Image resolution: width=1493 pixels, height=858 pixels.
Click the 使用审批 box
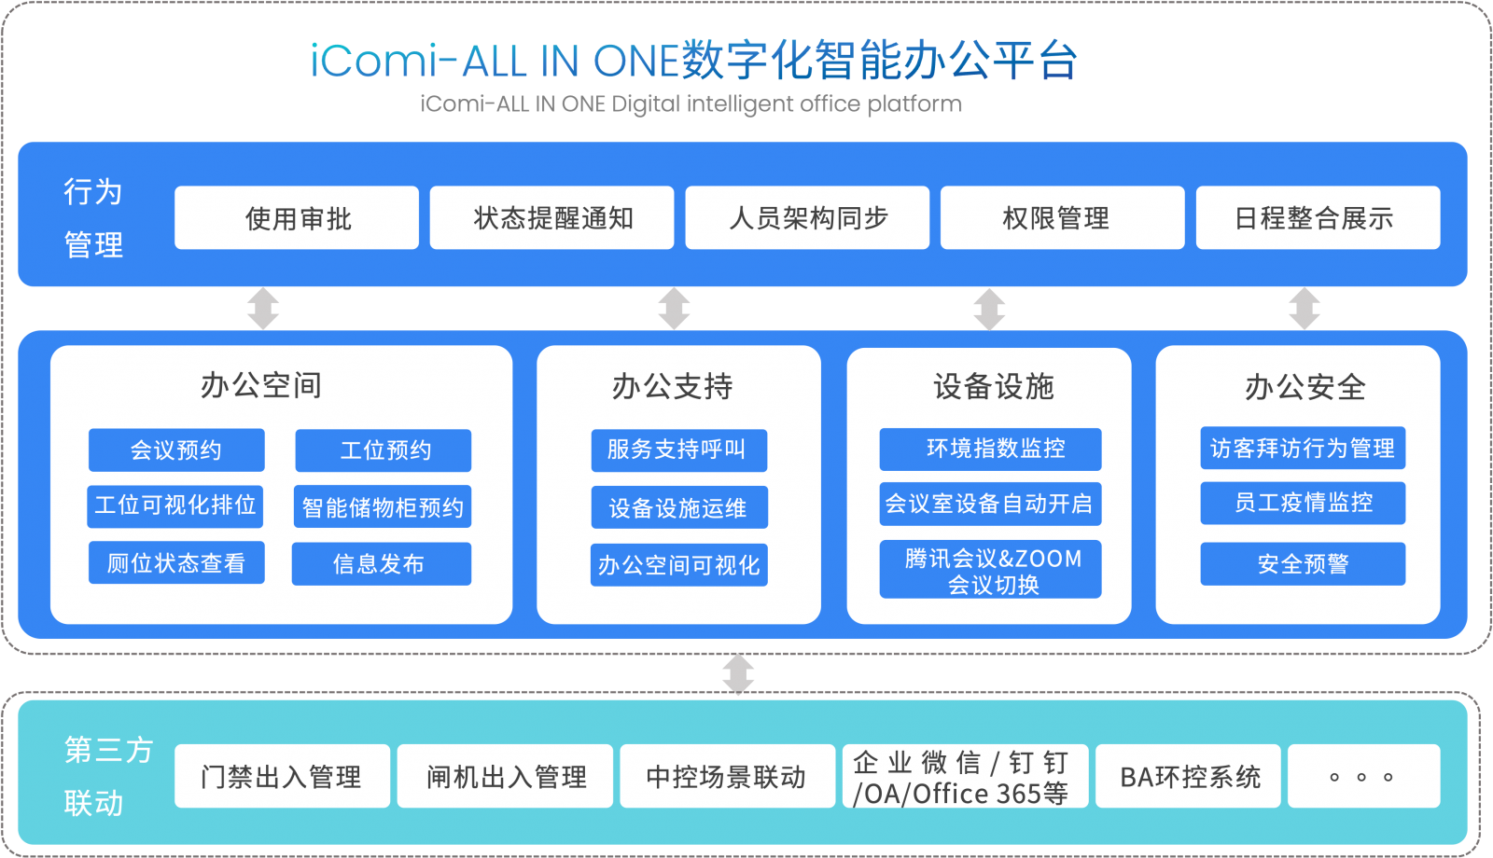tap(297, 218)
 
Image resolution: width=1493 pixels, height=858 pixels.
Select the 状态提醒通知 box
tap(551, 218)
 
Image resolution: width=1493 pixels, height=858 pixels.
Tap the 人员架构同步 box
tap(807, 218)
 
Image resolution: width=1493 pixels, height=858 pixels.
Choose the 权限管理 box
tap(1063, 218)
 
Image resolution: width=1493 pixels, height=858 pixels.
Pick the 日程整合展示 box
tap(1319, 218)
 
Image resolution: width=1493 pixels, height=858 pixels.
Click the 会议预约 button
tap(176, 450)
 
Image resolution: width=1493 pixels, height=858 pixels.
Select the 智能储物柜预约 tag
tap(383, 507)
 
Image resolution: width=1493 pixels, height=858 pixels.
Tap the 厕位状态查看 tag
tap(176, 563)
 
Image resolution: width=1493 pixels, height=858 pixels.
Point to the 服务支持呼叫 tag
tap(679, 450)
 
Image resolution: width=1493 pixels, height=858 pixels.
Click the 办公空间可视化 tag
tap(679, 565)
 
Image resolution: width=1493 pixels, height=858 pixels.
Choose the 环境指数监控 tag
tap(990, 449)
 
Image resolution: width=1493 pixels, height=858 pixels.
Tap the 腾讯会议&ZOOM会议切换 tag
tap(990, 570)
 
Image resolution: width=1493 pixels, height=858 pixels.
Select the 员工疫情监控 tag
tap(1303, 503)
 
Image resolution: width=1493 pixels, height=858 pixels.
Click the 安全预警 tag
tap(1303, 564)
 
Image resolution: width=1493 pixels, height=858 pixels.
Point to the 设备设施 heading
tap(994, 386)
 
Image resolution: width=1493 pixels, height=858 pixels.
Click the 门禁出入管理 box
tap(283, 776)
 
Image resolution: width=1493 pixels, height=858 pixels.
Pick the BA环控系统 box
tap(1189, 776)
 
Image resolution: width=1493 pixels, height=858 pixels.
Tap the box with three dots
tap(1364, 776)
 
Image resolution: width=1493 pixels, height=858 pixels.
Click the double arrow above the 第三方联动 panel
tap(738, 673)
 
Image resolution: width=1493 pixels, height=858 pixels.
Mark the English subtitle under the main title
tap(691, 104)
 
